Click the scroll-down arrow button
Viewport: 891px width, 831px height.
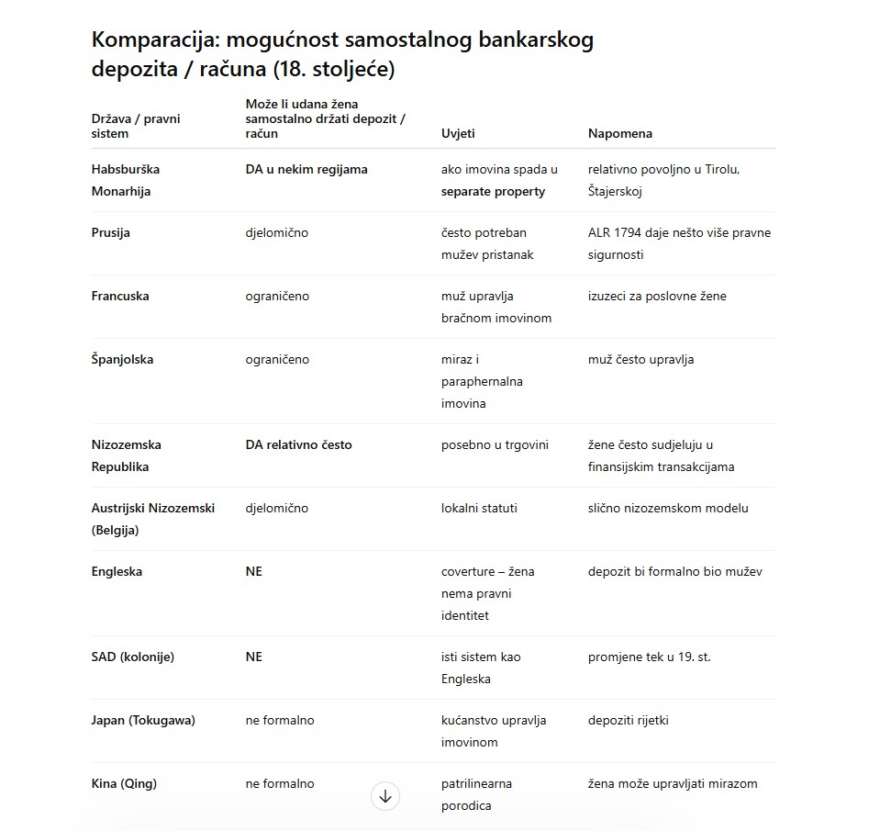385,796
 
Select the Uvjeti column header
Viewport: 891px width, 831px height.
458,133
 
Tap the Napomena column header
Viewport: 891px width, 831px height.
619,133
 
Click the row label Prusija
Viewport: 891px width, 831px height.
111,232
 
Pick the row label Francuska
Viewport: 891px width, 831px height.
120,296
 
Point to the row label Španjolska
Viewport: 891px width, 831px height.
122,359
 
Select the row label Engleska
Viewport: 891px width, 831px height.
117,571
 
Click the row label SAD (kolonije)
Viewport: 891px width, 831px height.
132,657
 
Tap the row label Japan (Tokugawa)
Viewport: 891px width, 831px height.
143,720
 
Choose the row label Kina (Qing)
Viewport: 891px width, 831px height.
124,783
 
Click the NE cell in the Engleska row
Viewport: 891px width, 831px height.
254,571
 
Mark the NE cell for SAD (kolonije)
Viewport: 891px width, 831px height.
254,657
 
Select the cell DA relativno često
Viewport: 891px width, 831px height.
298,444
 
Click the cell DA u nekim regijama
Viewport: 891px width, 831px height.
306,169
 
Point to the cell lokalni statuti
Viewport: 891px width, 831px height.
479,508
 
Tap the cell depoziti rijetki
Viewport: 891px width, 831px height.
628,720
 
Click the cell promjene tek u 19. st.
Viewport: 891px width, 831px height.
649,657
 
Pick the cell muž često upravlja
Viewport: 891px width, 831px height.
640,359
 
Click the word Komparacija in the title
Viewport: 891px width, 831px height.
154,39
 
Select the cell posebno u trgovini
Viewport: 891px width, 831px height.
495,444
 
